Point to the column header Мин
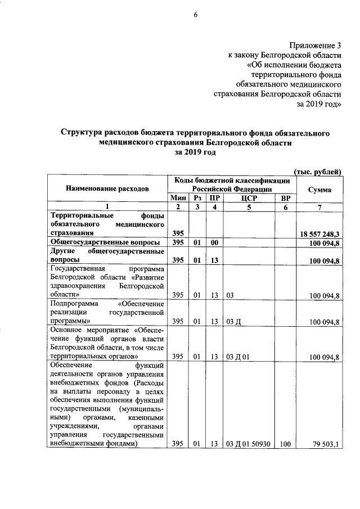point(178,199)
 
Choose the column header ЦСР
point(248,199)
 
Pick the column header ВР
point(285,199)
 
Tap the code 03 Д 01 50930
point(248,444)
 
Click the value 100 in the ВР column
point(285,444)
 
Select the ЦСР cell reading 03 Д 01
point(238,357)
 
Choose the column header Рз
point(197,199)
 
